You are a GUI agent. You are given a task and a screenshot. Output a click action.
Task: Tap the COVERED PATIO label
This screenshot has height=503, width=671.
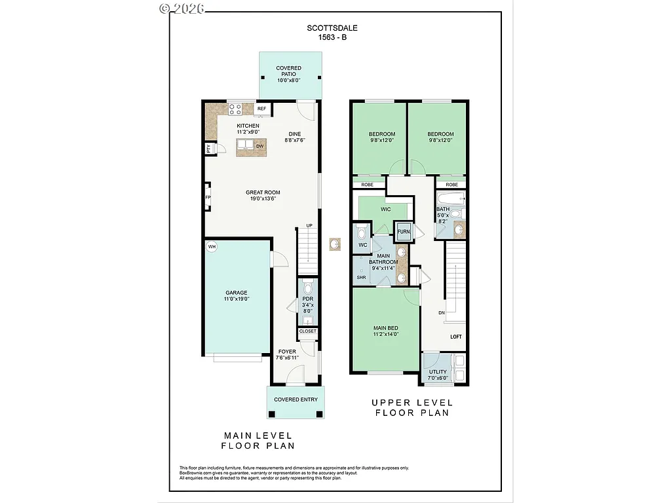click(x=288, y=68)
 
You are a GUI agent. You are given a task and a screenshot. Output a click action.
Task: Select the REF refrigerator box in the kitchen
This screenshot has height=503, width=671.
click(x=261, y=109)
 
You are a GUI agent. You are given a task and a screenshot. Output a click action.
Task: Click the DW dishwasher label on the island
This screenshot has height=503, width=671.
click(x=259, y=146)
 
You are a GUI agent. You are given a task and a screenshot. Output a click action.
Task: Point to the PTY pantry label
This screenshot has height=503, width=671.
click(x=208, y=149)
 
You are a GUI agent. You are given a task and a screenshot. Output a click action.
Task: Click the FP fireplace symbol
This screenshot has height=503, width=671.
click(x=208, y=197)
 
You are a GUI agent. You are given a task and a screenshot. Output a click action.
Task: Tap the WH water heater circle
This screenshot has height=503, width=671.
click(x=212, y=247)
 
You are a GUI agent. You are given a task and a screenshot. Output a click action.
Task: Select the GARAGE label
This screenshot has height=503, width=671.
click(x=237, y=293)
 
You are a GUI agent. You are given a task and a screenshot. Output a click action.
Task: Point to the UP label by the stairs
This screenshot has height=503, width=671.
click(x=309, y=226)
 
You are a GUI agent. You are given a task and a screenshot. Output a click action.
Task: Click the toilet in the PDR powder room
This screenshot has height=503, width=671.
click(x=308, y=287)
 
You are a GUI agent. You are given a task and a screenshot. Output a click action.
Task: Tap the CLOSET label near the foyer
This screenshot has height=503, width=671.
click(x=307, y=331)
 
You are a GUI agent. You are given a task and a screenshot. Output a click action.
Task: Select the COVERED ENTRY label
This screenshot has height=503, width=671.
click(x=296, y=400)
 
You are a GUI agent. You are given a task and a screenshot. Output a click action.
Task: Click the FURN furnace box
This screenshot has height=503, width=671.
click(x=403, y=232)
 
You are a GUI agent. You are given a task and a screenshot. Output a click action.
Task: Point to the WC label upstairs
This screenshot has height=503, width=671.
click(x=362, y=246)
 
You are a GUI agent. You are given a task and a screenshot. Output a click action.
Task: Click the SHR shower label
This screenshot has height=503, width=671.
click(x=361, y=278)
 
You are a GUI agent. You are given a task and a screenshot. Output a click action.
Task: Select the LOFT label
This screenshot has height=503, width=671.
click(x=455, y=337)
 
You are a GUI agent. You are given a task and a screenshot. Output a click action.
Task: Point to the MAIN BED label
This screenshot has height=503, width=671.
click(x=385, y=328)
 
